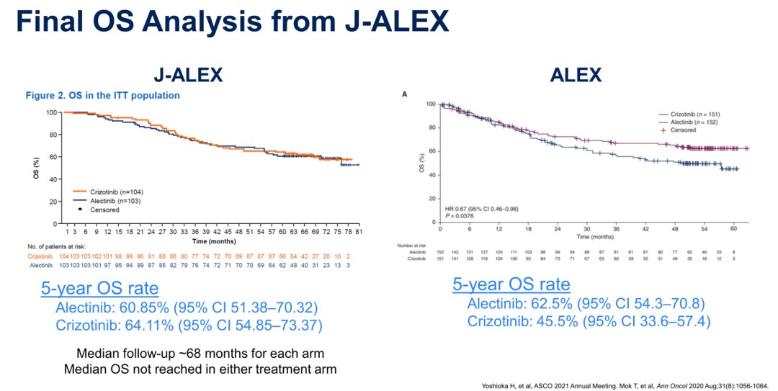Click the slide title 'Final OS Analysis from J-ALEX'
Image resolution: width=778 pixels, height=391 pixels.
232,22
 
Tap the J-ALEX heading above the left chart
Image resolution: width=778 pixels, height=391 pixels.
188,75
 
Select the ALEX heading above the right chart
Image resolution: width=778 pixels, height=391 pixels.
576,75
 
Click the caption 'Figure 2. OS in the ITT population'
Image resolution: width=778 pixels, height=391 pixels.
103,95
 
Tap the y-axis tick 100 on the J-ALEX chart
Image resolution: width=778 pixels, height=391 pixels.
51,112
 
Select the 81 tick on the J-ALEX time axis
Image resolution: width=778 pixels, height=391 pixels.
358,232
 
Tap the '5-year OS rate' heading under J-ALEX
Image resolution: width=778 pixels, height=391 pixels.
99,289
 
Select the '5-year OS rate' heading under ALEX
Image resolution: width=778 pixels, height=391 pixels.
511,284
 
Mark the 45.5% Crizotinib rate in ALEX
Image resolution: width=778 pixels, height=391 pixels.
557,320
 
